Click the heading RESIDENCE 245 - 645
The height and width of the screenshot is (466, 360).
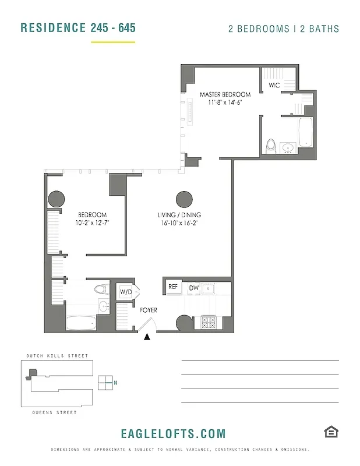(x=77, y=28)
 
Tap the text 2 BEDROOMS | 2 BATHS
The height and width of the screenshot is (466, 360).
(x=283, y=29)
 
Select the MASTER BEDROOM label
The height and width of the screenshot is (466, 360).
(x=225, y=94)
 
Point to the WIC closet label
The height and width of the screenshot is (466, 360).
(x=274, y=85)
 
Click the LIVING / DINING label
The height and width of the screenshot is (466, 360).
(x=179, y=215)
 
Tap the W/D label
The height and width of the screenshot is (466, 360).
(x=126, y=291)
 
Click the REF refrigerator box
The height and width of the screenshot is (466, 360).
(x=173, y=287)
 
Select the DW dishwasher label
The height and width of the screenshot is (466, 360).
(x=193, y=287)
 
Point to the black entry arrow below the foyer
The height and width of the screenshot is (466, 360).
(x=148, y=336)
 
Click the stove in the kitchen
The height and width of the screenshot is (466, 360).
(x=209, y=322)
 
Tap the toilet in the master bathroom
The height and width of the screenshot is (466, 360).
(x=270, y=145)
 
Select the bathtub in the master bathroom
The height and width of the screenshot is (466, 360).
(x=305, y=132)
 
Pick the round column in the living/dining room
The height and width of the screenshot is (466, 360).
(x=184, y=199)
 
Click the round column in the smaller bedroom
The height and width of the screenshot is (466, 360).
(x=56, y=199)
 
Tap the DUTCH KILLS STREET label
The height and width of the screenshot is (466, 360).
(x=57, y=356)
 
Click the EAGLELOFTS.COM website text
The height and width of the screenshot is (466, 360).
(x=173, y=433)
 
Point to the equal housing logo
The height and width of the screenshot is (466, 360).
(x=331, y=432)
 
